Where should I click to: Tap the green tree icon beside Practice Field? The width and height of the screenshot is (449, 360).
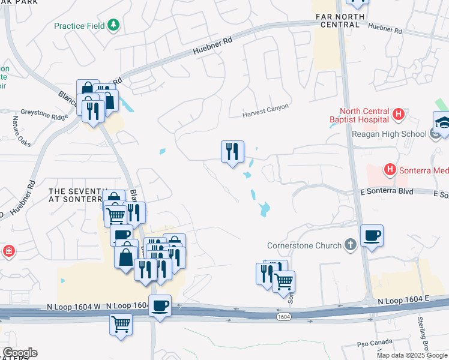point(113,25)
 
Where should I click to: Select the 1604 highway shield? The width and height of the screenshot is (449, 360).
point(285,316)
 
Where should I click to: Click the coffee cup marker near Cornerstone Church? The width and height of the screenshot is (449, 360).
point(371,235)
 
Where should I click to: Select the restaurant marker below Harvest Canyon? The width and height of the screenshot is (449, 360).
point(232,152)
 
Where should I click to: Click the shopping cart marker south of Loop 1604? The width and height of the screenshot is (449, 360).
point(121,325)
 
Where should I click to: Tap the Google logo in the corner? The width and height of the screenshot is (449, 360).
point(20,353)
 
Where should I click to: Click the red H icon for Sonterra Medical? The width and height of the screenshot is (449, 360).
point(390,170)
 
